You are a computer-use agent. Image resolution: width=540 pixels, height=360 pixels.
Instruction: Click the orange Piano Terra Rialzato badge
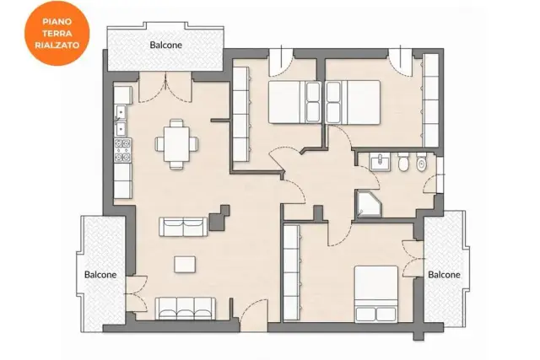click(x=57, y=33)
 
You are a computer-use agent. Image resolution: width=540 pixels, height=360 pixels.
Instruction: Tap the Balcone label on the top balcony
click(x=165, y=45)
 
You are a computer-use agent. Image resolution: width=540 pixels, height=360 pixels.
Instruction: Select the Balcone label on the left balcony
click(x=100, y=275)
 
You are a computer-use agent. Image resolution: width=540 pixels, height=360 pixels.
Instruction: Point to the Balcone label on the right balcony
click(x=444, y=275)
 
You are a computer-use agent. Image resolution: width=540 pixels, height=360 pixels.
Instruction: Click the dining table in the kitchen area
click(x=176, y=144)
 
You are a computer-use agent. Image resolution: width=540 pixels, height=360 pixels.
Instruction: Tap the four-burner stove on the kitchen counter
click(x=122, y=150)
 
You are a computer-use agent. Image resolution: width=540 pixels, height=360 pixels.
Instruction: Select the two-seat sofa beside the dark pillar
click(x=183, y=227)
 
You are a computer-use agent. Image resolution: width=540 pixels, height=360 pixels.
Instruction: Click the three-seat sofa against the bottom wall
click(x=186, y=309)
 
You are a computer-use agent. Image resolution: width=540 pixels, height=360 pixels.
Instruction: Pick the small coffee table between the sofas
click(x=185, y=265)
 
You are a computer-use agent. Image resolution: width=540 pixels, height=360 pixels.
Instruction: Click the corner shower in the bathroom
click(x=369, y=204)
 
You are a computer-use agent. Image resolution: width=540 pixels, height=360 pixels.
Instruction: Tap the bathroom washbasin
click(x=380, y=162)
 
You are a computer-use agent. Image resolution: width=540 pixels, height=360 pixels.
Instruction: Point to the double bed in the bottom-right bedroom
click(x=376, y=294)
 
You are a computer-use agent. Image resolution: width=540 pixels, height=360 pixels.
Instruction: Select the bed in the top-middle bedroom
click(x=294, y=102)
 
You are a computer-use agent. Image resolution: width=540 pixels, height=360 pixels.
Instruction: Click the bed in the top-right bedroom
click(x=353, y=102)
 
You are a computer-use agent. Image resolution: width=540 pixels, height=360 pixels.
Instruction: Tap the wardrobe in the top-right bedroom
click(x=430, y=100)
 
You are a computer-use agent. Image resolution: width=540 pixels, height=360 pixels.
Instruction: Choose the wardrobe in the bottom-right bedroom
click(x=292, y=272)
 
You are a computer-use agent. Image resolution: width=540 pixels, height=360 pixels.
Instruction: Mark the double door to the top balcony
click(x=165, y=88)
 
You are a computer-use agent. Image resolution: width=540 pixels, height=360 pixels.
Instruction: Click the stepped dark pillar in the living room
click(x=219, y=218)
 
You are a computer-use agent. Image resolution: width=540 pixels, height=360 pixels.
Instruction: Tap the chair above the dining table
click(x=176, y=123)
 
